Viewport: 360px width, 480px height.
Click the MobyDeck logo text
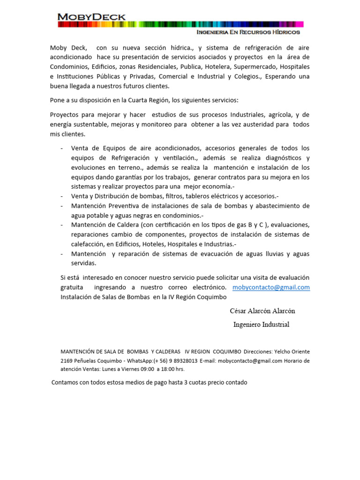pyautogui.click(x=91, y=17)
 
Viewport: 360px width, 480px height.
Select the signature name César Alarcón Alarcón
pyautogui.click(x=262, y=311)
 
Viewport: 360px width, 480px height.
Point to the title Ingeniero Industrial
pyautogui.click(x=261, y=324)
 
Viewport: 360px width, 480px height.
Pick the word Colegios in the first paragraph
pyautogui.click(x=244, y=76)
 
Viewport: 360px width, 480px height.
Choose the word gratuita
pyautogui.click(x=72, y=287)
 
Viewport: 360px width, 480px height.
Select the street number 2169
pyautogui.click(x=68, y=361)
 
